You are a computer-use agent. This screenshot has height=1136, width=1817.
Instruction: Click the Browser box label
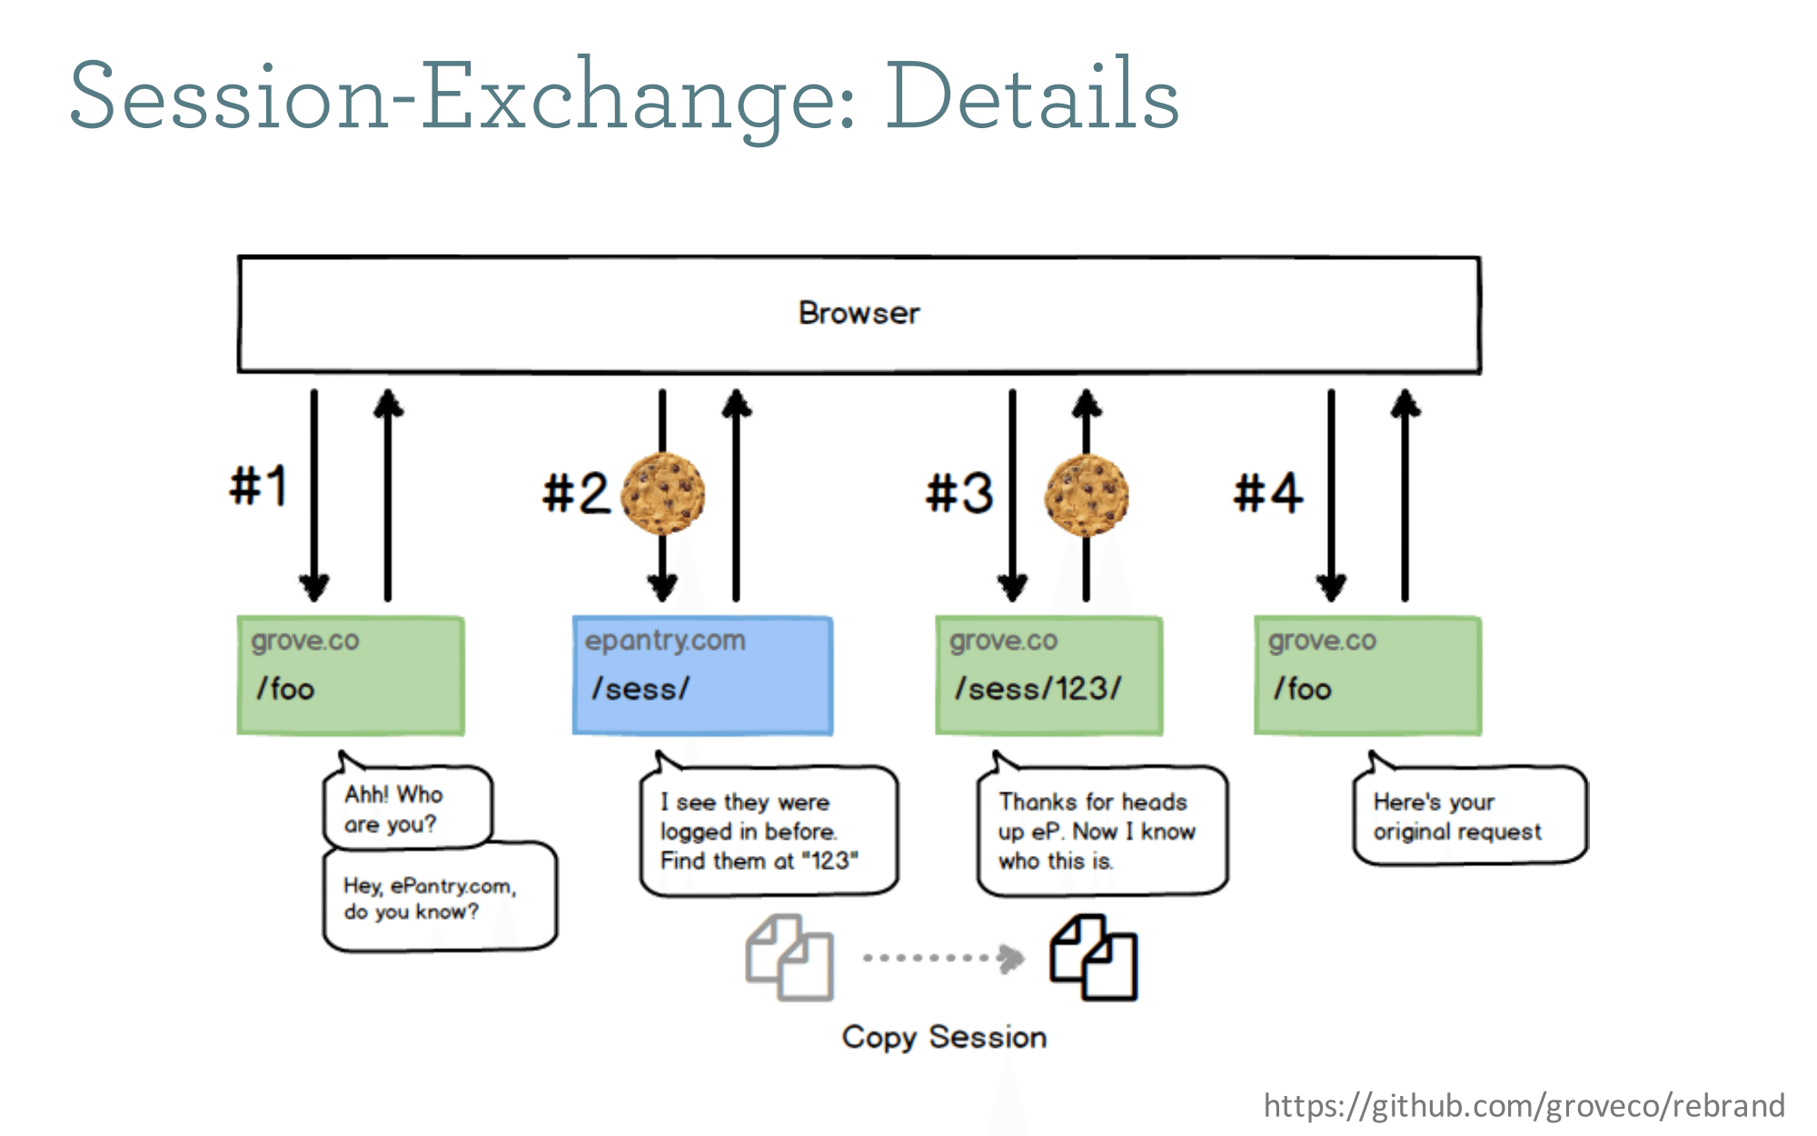(x=859, y=313)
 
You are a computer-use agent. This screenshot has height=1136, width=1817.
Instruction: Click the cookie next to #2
(x=663, y=493)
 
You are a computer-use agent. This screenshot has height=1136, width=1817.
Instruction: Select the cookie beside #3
(x=1087, y=495)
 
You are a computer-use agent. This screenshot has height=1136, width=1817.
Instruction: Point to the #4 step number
(x=1268, y=493)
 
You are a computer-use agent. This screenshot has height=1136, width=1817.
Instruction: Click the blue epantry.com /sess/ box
(x=702, y=675)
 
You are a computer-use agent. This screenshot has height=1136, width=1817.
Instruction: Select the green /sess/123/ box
(x=1049, y=675)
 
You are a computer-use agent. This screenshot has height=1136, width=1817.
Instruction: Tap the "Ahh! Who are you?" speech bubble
(x=408, y=804)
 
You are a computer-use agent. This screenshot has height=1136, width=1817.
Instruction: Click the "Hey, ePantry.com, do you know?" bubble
(x=440, y=898)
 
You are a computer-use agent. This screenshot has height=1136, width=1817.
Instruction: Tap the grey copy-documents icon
(x=789, y=958)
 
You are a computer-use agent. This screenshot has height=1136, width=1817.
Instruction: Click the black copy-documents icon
(x=1093, y=958)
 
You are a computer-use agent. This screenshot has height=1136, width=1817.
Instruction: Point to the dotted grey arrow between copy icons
(x=944, y=958)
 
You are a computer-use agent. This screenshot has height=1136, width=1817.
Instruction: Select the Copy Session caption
(x=944, y=1037)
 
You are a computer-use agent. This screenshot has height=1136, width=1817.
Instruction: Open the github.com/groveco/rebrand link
(x=1524, y=1106)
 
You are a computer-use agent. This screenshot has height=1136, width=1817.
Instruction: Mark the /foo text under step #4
(x=1302, y=688)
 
